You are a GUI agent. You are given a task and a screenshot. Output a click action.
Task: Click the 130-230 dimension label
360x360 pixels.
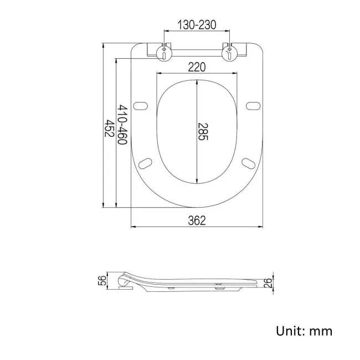click(x=197, y=25)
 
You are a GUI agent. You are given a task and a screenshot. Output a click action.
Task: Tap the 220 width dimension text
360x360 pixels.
click(x=197, y=67)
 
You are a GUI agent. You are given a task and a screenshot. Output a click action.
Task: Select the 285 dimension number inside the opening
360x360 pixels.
click(x=203, y=132)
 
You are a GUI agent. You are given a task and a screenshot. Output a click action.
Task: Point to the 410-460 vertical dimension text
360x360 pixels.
click(x=122, y=125)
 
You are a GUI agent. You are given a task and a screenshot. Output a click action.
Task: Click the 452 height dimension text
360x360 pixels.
click(x=109, y=128)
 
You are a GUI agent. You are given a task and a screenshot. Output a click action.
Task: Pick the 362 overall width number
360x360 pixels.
click(x=197, y=220)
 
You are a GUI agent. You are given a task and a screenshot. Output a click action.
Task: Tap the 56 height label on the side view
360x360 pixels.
click(x=102, y=281)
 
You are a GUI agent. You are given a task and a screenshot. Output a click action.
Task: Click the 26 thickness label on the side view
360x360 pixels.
click(x=268, y=282)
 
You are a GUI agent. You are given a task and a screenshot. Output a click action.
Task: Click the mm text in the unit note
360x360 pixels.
click(x=321, y=332)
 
